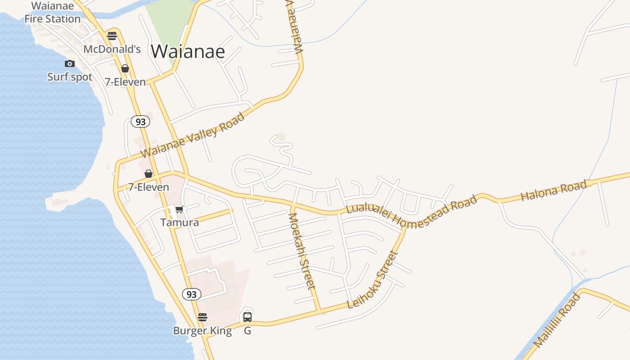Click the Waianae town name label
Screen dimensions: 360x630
[x=188, y=52]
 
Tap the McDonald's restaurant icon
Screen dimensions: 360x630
[x=112, y=36]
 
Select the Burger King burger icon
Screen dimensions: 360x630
[x=202, y=317]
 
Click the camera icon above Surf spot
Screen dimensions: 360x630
[x=70, y=64]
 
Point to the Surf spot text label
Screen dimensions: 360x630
[x=70, y=77]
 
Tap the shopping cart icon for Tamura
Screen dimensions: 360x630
[x=179, y=209]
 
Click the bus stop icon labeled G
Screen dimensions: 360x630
[x=247, y=317]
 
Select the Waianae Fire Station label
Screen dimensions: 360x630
[x=52, y=13]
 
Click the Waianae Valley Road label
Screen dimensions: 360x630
[x=193, y=135]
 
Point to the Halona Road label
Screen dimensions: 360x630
[x=554, y=190]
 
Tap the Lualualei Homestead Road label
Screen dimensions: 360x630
[x=411, y=212]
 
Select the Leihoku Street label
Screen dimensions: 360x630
[x=373, y=280]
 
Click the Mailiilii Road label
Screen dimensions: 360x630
[x=557, y=320]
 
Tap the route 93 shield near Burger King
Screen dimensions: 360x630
[x=192, y=294]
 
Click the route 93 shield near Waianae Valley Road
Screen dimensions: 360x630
[x=140, y=121]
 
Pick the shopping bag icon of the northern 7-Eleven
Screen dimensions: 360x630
[x=125, y=68]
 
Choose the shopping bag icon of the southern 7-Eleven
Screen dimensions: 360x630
[x=148, y=174]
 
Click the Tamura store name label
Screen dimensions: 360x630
[x=180, y=222]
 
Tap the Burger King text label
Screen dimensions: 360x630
[x=202, y=331]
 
